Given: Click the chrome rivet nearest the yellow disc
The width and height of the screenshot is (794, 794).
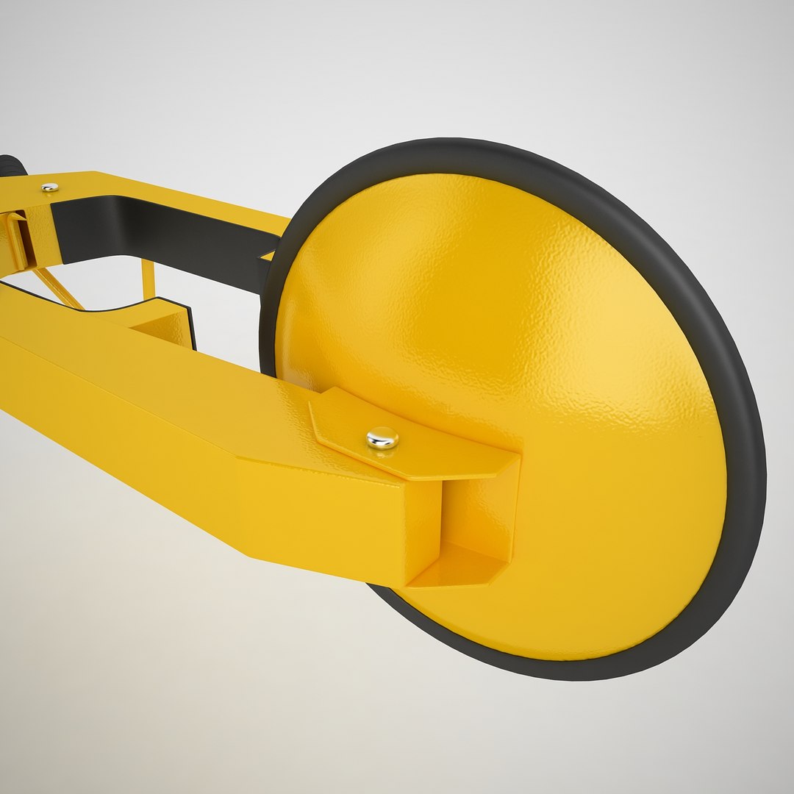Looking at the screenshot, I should (382, 438).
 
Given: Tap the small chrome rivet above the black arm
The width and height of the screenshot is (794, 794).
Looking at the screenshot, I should (49, 187).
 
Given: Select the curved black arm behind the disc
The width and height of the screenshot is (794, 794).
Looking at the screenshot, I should (184, 235).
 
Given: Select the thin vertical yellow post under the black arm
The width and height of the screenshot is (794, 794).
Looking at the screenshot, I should (148, 279).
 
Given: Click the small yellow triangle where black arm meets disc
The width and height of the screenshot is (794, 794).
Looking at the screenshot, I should (269, 256).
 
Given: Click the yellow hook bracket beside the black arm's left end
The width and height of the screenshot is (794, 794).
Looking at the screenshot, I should (18, 239).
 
